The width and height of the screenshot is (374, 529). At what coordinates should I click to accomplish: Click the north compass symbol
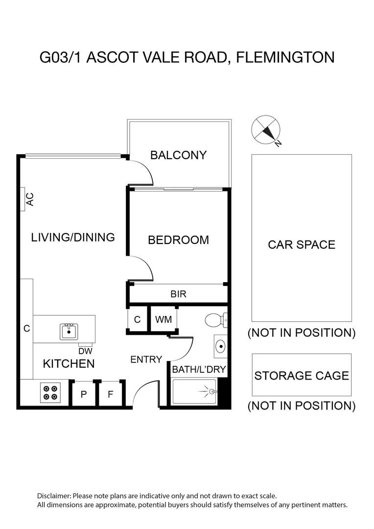click(x=265, y=129)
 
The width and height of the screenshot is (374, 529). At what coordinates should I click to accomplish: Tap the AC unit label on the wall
click(x=29, y=199)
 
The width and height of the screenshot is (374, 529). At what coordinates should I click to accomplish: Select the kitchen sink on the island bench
click(x=69, y=332)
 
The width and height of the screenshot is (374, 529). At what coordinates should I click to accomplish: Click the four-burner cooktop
click(x=50, y=392)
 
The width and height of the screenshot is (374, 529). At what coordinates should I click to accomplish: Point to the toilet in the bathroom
click(x=215, y=320)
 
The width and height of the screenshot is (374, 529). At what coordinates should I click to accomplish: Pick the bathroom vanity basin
click(x=221, y=347)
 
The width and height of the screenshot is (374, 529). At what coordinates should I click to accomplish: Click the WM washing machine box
click(x=163, y=319)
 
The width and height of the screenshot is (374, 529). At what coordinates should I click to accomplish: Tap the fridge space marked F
click(x=110, y=394)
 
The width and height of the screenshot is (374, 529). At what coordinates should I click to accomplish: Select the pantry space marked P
click(x=84, y=394)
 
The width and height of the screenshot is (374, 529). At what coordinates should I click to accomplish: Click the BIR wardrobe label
click(x=178, y=294)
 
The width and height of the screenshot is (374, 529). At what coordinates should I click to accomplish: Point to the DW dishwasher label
click(x=85, y=351)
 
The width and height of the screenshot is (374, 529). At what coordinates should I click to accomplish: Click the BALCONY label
click(x=178, y=155)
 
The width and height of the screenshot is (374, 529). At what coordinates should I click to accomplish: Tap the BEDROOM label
click(x=178, y=240)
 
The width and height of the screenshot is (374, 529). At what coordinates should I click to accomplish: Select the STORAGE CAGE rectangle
click(x=302, y=375)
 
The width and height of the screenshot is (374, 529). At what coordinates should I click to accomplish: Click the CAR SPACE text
click(x=302, y=244)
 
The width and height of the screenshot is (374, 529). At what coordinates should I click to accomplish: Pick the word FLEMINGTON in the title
click(x=285, y=57)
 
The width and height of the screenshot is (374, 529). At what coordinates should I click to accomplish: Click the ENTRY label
click(x=146, y=360)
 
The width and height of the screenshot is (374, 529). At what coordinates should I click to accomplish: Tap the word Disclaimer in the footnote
click(x=54, y=496)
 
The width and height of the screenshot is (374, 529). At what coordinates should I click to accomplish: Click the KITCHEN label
click(x=69, y=363)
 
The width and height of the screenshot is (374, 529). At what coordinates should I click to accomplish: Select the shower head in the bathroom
click(x=211, y=391)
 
